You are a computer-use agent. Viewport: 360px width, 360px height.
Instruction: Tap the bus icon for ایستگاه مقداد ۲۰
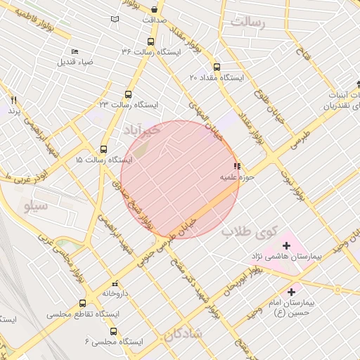216,67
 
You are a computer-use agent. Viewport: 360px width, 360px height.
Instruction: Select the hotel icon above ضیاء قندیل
75,51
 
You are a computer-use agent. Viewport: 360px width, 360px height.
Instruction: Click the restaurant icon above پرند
13,101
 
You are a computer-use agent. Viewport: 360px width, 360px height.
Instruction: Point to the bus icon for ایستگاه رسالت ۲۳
127,94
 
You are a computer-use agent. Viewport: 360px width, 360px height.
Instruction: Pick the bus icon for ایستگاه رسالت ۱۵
103,149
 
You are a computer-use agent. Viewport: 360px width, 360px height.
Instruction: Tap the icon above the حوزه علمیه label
236,166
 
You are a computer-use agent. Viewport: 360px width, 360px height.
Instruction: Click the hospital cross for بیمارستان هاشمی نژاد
266,246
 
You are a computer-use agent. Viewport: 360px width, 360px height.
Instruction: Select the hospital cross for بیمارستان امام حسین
291,290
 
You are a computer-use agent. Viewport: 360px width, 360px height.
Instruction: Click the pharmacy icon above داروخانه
108,283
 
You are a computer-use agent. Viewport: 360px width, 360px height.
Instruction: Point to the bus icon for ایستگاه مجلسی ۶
114,331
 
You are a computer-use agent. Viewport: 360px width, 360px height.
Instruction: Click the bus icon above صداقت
155,10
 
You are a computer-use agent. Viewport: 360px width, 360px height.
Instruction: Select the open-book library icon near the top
115,18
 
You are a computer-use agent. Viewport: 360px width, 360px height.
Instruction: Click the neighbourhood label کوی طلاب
250,231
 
